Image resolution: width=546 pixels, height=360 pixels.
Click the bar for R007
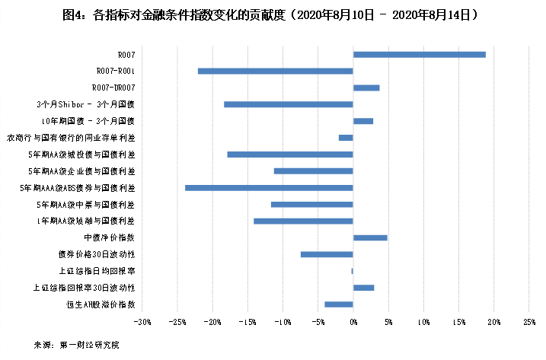click(x=419, y=54)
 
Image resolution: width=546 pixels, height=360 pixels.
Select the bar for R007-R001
click(x=276, y=71)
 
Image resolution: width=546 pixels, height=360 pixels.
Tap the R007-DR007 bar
click(x=366, y=88)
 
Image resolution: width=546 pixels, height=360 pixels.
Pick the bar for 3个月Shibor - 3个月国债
click(x=289, y=104)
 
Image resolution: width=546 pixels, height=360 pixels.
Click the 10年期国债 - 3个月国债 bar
click(x=363, y=121)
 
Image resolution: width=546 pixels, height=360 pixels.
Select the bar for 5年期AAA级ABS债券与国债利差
click(x=269, y=187)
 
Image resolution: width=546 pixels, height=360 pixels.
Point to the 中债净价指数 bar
click(x=370, y=237)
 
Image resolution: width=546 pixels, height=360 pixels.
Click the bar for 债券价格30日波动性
click(x=327, y=254)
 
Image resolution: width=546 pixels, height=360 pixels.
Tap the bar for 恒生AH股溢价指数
click(x=339, y=304)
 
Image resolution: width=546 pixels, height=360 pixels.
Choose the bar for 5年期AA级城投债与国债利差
click(x=290, y=155)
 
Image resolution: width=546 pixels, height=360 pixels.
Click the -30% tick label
click(x=142, y=322)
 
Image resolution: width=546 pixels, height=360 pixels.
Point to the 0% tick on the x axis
click(x=353, y=322)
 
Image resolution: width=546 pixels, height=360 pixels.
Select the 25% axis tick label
click(x=529, y=322)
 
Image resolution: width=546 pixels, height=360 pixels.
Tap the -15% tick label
click(x=247, y=322)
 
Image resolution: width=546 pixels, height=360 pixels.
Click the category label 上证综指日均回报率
click(x=97, y=271)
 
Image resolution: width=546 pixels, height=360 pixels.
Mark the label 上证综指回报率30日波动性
click(x=85, y=288)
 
